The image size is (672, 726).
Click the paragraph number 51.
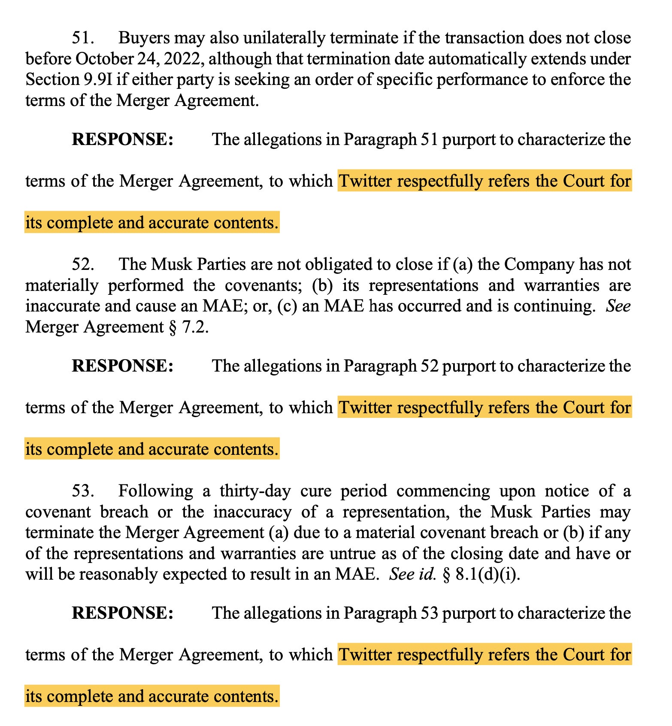pyautogui.click(x=82, y=38)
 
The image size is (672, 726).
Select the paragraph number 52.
pyautogui.click(x=82, y=264)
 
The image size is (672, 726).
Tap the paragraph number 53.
pyautogui.click(x=82, y=491)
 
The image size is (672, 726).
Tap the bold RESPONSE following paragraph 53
pyautogui.click(x=122, y=613)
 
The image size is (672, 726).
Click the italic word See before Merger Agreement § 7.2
pyautogui.click(x=618, y=306)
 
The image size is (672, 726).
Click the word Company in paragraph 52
pyautogui.click(x=539, y=264)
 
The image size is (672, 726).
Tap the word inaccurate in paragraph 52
pyautogui.click(x=63, y=306)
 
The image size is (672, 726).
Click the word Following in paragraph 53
pyautogui.click(x=155, y=491)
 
